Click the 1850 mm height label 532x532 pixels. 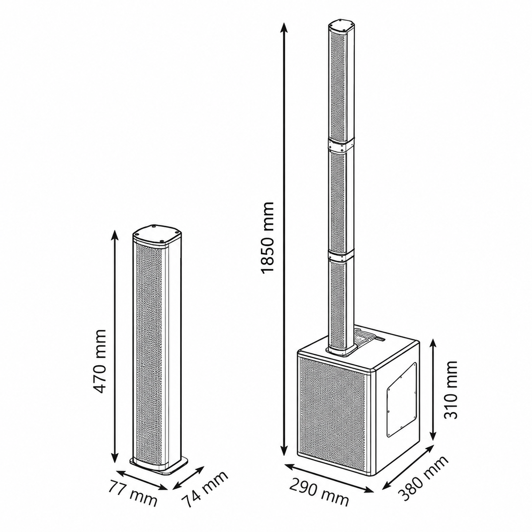(267, 238)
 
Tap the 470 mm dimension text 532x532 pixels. (99, 361)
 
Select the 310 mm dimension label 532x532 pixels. (450, 391)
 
